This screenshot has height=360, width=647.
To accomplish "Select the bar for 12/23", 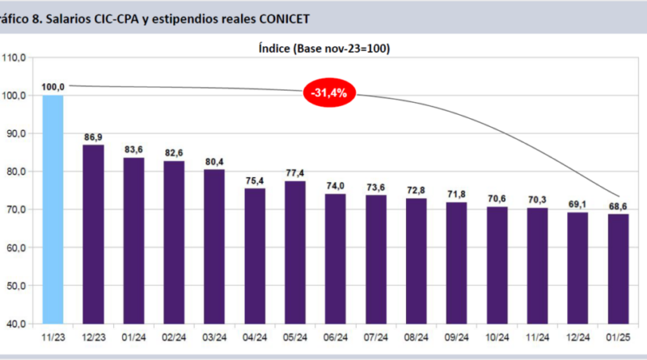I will (x=93, y=234).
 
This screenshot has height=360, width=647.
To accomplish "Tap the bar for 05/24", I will (x=295, y=252).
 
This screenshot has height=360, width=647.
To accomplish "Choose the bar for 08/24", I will (x=416, y=260).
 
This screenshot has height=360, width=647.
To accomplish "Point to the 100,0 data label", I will (x=53, y=87).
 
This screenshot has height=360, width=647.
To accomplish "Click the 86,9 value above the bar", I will (x=93, y=137).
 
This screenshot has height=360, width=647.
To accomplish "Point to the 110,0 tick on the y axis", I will (x=15, y=57).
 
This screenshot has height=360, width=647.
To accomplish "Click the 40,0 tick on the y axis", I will (x=18, y=324).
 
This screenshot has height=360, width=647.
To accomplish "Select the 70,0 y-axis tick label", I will (x=18, y=210).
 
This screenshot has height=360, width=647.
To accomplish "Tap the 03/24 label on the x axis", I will (x=214, y=338).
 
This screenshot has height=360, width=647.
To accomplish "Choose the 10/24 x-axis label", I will (x=497, y=338).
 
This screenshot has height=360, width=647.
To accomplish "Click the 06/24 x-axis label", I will (x=336, y=338).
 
